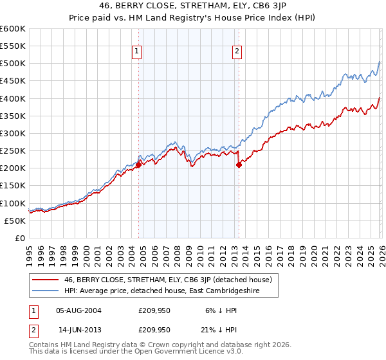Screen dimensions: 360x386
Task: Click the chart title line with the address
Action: click(x=193, y=6)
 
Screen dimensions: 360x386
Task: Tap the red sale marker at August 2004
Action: click(x=138, y=165)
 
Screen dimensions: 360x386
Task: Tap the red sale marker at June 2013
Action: click(x=239, y=165)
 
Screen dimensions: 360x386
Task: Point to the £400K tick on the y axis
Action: click(x=13, y=98)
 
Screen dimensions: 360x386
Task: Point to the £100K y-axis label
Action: click(x=13, y=203)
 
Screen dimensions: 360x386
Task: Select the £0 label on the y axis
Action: click(x=21, y=238)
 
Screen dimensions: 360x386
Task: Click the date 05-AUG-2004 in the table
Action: click(x=78, y=310)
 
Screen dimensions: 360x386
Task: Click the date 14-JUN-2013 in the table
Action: click(x=78, y=329)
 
